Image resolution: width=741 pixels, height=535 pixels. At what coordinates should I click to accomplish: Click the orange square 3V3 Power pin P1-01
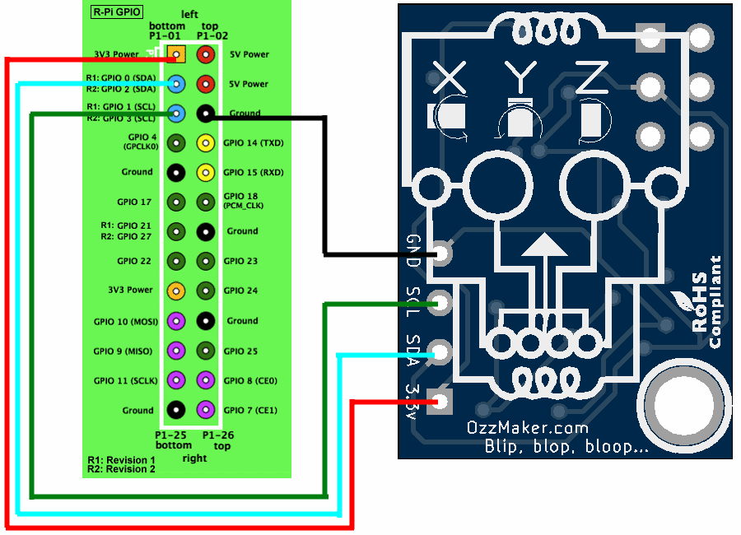(176, 54)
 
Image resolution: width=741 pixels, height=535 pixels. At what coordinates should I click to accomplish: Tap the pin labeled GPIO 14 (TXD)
(206, 143)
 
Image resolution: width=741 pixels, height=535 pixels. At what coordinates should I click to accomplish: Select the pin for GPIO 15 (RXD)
(206, 173)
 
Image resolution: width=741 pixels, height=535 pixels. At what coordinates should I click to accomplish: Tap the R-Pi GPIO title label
(115, 13)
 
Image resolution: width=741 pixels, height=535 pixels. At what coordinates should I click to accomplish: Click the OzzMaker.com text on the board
(527, 428)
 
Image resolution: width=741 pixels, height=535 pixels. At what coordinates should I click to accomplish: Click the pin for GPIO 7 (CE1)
(206, 409)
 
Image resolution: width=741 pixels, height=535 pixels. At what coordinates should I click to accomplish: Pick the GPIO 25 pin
(206, 351)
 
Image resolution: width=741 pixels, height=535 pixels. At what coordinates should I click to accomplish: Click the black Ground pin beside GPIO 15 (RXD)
(175, 173)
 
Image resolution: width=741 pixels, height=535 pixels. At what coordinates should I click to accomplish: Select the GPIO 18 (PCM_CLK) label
(240, 202)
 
